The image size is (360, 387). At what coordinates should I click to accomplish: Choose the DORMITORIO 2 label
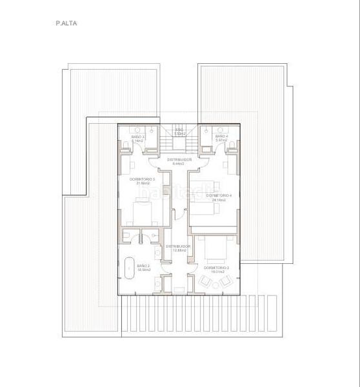(x=217, y=267)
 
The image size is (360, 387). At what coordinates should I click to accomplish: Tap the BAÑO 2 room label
(x=143, y=266)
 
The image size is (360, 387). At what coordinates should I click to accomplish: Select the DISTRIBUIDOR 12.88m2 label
(x=177, y=246)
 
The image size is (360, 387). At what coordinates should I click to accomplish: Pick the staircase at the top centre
(x=178, y=139)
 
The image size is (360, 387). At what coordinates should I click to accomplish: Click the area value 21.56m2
(x=143, y=183)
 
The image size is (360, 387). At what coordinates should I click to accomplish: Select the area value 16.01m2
(x=217, y=272)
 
